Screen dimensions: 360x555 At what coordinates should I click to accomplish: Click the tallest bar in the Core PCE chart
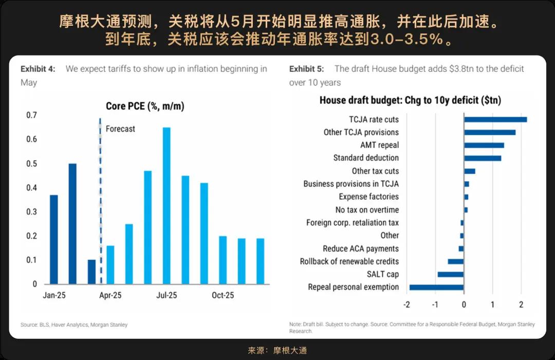166,206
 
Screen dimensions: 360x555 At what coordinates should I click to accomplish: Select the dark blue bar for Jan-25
53,240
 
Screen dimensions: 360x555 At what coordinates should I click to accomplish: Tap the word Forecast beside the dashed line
120,129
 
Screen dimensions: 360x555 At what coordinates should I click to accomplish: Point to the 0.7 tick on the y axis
32,115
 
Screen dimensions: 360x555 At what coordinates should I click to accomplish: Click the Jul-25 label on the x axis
166,296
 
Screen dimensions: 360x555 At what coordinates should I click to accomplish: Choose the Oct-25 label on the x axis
223,296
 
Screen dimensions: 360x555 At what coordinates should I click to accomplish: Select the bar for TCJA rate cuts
495,120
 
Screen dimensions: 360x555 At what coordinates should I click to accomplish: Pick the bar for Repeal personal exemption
436,287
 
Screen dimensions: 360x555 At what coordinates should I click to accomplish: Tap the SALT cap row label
382,274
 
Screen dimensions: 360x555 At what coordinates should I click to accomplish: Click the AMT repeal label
379,145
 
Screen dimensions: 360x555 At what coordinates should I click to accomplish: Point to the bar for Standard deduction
483,158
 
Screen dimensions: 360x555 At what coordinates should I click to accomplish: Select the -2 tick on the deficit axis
406,304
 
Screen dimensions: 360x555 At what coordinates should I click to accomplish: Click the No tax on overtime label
367,210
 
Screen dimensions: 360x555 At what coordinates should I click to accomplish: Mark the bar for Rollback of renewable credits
456,261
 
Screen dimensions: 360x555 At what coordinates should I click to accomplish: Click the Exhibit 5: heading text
307,69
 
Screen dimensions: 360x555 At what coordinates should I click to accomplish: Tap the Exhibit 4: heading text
38,69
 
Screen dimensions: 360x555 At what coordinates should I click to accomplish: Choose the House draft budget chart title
410,100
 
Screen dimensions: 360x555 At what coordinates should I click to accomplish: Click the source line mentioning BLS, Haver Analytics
74,325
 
